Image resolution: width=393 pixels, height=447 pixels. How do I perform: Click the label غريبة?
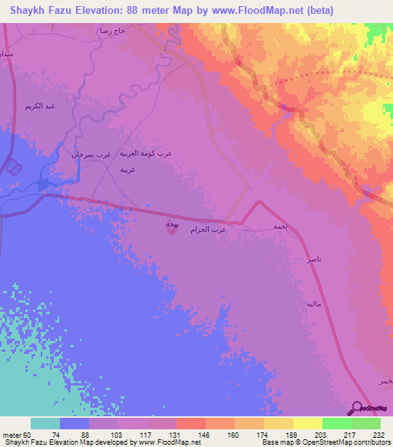click(127, 168)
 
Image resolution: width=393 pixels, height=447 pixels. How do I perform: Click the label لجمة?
click(280, 227)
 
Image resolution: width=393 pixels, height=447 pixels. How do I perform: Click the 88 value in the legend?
click(74, 434)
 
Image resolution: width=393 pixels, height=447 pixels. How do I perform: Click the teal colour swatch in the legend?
click(45, 423)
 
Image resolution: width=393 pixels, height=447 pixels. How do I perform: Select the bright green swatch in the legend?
click(336, 423)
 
